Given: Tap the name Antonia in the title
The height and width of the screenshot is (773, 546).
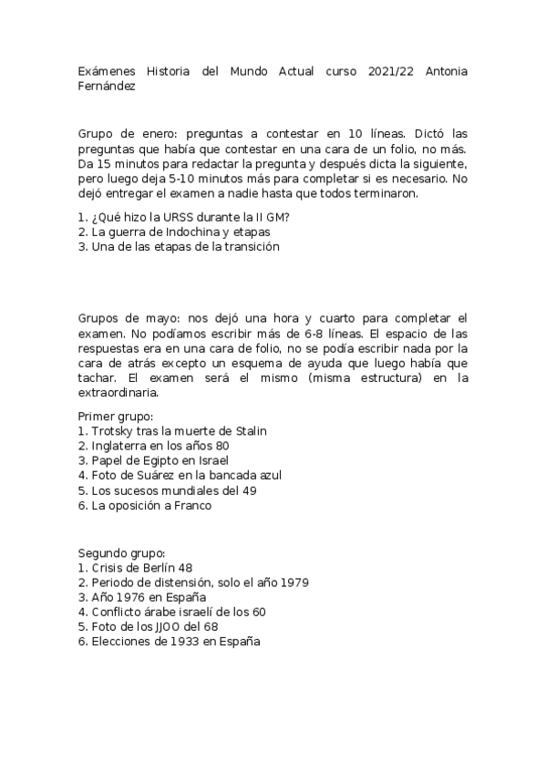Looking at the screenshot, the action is coord(447,71).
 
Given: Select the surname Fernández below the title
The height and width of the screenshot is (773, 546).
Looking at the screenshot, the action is coord(108,87).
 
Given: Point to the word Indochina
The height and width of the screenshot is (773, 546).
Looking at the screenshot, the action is coord(195,232).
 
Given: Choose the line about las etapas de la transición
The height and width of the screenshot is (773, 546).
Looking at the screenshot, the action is coord(179,246).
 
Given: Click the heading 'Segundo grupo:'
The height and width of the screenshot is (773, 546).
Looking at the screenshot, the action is coord(121,552).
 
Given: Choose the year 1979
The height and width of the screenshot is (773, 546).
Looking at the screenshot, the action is coord(279,582).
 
